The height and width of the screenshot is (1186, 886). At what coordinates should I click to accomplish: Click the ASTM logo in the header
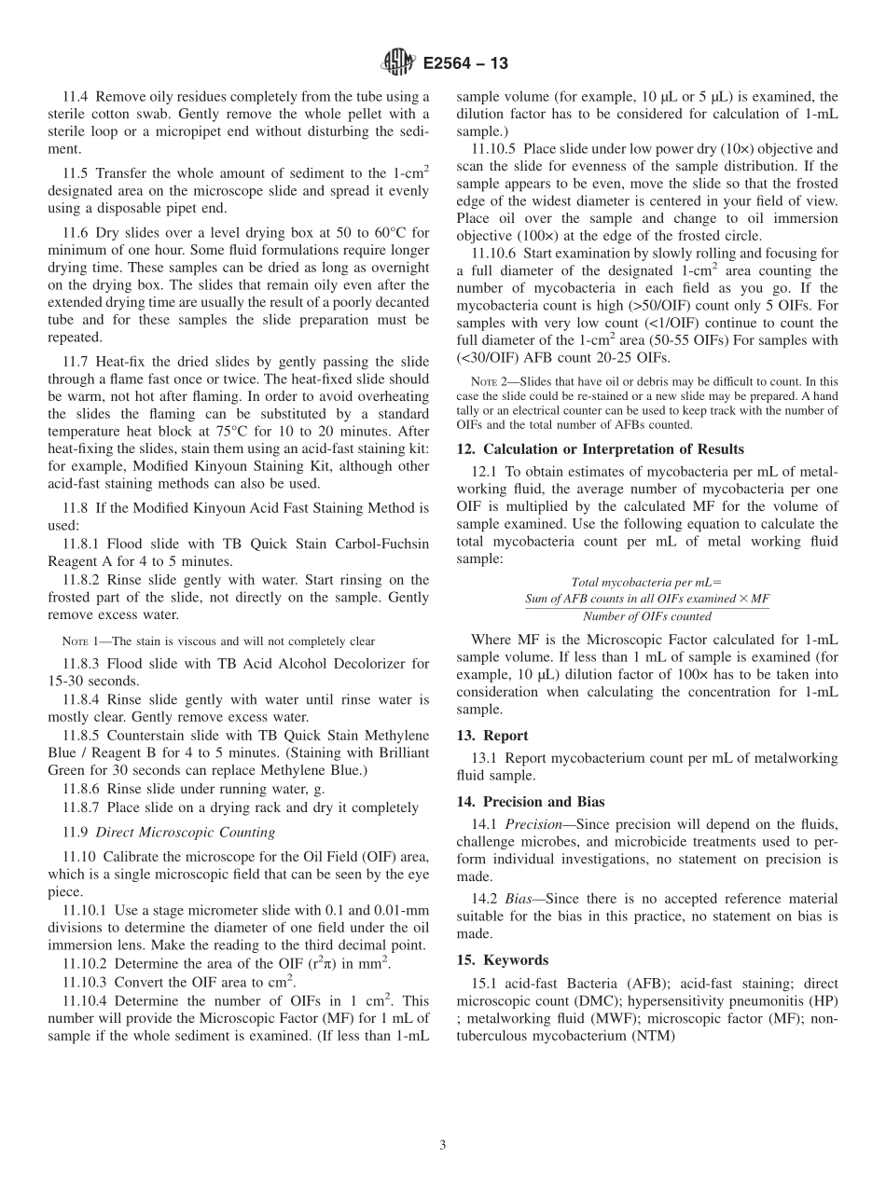[x=398, y=63]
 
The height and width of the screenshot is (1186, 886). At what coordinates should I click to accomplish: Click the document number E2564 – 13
[x=464, y=64]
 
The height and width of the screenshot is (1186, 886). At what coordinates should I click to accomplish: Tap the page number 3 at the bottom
[x=443, y=1146]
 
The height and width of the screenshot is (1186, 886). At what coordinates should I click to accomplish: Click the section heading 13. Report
[x=492, y=736]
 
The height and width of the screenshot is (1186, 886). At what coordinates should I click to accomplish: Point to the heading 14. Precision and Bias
[x=531, y=802]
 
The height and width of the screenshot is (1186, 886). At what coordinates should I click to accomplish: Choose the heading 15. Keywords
[x=503, y=960]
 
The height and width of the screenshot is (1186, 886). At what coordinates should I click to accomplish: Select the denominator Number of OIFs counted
[x=646, y=616]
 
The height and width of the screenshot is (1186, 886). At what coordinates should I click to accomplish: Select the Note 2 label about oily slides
[x=484, y=381]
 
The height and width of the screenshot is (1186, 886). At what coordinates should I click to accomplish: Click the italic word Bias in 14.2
[x=522, y=899]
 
